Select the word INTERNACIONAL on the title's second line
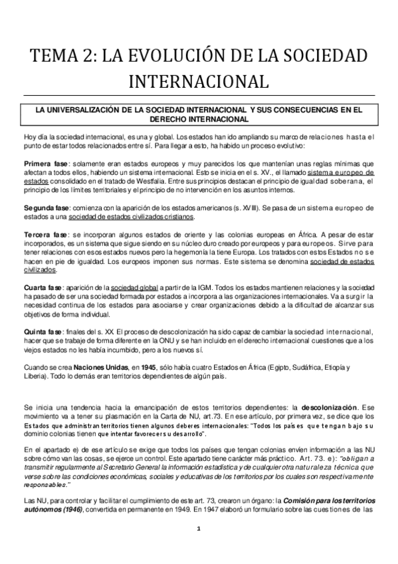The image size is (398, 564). point(199,81)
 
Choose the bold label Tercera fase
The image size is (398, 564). point(44,235)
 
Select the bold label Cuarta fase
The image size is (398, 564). point(42,286)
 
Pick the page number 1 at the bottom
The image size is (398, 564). point(199,529)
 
